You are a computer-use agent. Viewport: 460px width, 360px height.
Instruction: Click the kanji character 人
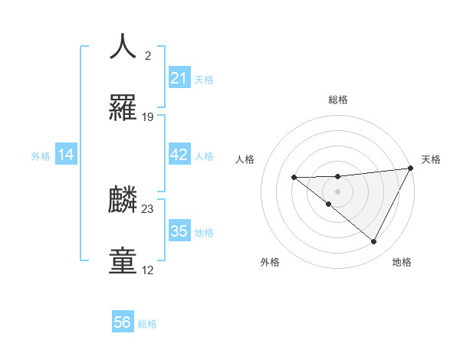pos(123,46)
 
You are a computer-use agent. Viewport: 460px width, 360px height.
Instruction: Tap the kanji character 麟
pos(123,199)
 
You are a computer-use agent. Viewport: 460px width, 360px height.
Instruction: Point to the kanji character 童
pos(123,260)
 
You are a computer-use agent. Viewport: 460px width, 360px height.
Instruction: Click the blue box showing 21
pos(179,78)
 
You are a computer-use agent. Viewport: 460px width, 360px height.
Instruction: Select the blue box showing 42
pos(179,155)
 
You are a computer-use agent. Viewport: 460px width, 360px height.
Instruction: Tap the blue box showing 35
pos(179,232)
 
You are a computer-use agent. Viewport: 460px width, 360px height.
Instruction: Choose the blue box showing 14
pos(65,155)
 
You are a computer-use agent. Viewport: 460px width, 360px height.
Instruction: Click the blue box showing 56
pos(122,322)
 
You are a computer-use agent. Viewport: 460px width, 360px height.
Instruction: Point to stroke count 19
pos(148,117)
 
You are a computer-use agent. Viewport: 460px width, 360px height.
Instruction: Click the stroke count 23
pos(148,208)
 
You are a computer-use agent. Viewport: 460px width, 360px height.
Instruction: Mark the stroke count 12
pos(148,270)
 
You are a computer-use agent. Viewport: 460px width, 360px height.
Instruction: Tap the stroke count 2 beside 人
pos(148,56)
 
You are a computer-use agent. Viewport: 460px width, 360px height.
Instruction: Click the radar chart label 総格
pos(337,100)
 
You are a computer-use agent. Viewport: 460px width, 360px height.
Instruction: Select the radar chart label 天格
pos(431,159)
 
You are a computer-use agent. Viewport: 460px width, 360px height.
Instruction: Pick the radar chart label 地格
pos(402,262)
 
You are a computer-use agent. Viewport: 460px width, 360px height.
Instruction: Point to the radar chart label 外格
pos(270,262)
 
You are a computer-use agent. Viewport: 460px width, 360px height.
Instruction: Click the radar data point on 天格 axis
pos(411,169)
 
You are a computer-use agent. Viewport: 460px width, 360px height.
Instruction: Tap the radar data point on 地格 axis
pos(374,242)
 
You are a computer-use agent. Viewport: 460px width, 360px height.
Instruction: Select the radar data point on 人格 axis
pos(294,178)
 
